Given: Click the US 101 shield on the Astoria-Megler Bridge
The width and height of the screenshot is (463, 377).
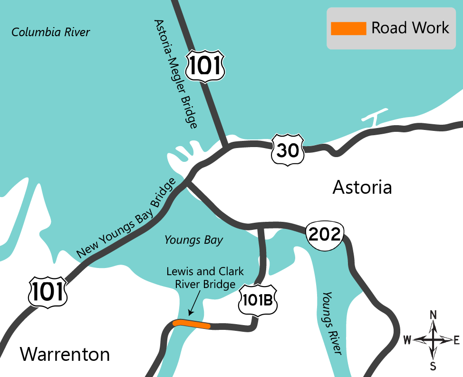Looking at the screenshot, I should click(x=205, y=66).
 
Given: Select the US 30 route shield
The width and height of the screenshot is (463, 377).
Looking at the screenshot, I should click(x=288, y=150).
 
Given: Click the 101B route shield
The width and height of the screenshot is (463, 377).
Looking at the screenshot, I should click(x=258, y=300).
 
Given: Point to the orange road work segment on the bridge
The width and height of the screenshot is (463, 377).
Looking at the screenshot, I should click(x=192, y=324).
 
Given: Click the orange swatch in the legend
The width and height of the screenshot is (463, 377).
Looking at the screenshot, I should click(x=348, y=29).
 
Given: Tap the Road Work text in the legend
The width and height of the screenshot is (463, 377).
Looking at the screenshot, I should click(x=410, y=28).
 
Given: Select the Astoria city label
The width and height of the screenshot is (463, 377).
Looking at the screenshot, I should click(x=362, y=187).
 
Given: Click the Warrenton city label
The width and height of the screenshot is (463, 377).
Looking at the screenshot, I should click(x=65, y=354).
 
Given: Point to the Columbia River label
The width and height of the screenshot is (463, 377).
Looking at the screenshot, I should click(x=50, y=32).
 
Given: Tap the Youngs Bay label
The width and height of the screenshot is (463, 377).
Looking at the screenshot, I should click(x=193, y=240).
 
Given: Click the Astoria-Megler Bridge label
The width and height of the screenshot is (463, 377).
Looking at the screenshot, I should click(x=175, y=74).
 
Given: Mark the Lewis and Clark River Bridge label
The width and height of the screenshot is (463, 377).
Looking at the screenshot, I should click(x=205, y=278).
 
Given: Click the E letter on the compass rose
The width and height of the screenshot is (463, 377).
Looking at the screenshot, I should click(x=456, y=339).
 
